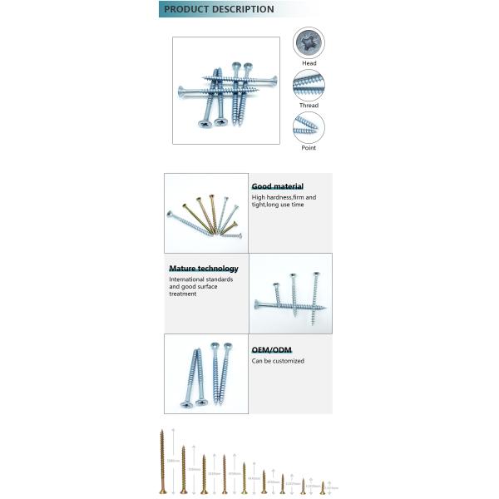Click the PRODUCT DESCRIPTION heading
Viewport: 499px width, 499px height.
click(x=219, y=9)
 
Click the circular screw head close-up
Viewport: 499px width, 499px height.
click(x=309, y=43)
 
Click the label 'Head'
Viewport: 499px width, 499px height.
click(x=309, y=63)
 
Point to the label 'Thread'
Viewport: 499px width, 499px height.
click(x=309, y=106)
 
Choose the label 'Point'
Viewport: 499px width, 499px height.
click(x=309, y=147)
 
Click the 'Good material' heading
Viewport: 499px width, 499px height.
click(x=278, y=186)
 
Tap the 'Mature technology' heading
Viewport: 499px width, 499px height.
click(x=204, y=269)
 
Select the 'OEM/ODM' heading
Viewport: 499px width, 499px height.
click(x=272, y=350)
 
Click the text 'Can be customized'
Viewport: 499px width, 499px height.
click(x=278, y=361)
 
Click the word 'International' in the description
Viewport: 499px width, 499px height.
click(x=187, y=279)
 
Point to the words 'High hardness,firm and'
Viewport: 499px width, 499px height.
click(x=284, y=197)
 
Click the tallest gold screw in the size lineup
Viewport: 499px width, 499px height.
click(x=163, y=462)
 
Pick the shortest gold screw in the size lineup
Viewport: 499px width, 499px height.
click(x=322, y=487)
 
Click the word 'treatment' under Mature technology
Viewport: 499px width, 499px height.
click(x=183, y=294)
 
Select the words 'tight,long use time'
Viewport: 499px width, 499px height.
click(x=278, y=205)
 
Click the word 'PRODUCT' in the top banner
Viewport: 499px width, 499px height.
click(x=184, y=9)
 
